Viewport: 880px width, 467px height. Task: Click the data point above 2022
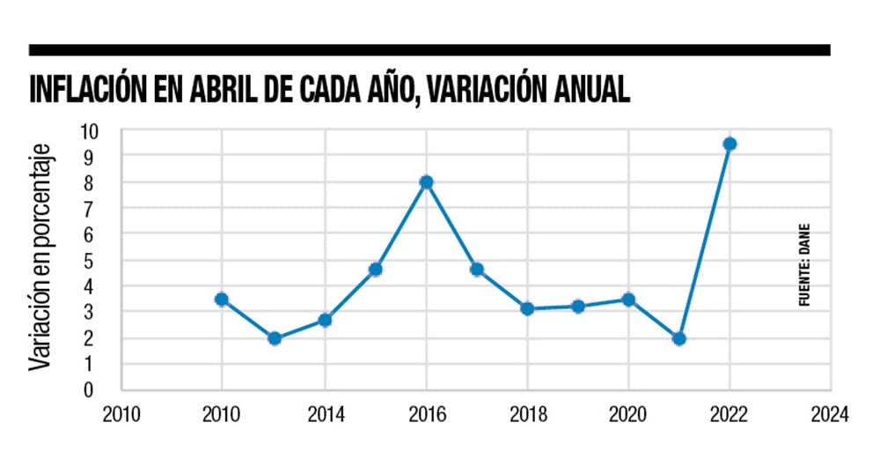[x=730, y=144]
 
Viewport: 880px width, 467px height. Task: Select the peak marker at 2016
[x=426, y=182]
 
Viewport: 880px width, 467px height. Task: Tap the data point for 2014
[x=325, y=320]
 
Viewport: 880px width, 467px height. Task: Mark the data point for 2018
[x=527, y=308]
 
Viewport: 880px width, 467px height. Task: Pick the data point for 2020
[x=628, y=300]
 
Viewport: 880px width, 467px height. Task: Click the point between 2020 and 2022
[x=678, y=338]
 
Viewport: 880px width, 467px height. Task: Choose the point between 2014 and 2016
[x=375, y=270]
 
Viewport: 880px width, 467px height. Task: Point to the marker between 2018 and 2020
[x=577, y=307]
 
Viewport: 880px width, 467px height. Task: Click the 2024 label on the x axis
[x=830, y=415]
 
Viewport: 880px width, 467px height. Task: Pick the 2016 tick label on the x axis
[x=426, y=415]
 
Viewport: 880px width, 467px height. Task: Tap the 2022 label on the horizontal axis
[x=730, y=415]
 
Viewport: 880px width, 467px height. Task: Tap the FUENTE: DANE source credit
[x=803, y=264]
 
